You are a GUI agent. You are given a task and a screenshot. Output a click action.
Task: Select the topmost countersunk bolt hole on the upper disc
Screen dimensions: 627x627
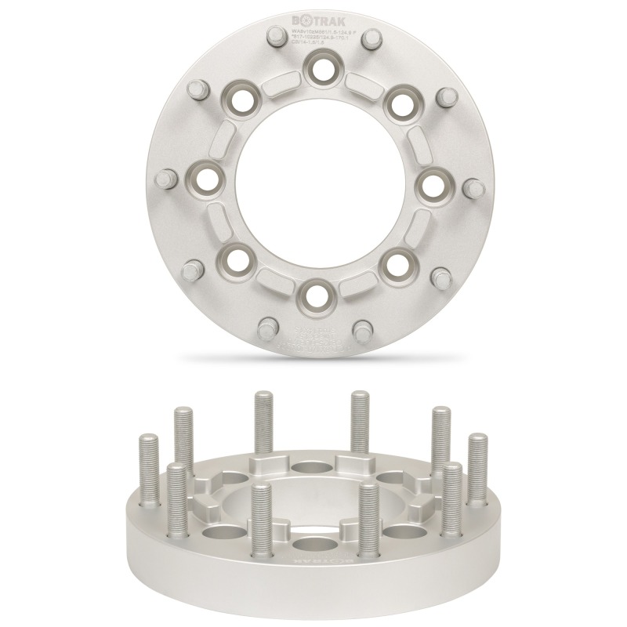(319, 68)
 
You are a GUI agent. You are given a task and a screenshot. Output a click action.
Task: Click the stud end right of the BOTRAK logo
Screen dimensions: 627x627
(361, 38)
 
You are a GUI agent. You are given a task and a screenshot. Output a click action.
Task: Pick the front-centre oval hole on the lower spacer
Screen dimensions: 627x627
(313, 545)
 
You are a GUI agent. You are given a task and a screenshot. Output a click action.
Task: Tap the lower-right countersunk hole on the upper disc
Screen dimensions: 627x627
(397, 263)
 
